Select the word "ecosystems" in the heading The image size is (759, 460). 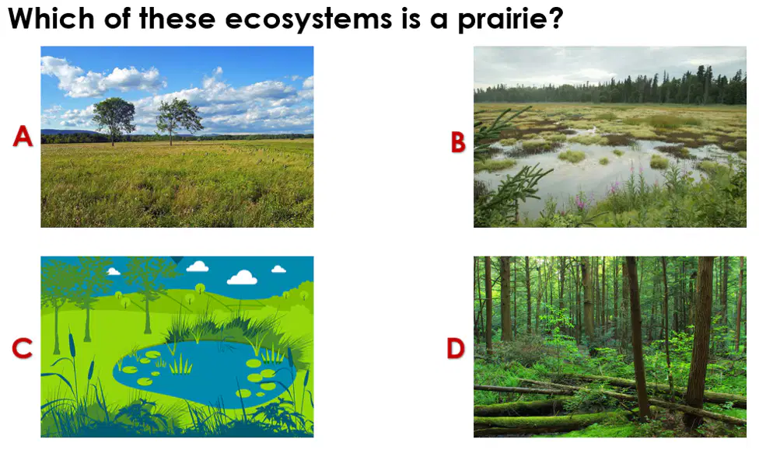[308, 20]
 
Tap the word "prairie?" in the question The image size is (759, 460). [511, 20]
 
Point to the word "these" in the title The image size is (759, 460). [177, 19]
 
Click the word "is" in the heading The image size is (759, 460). [411, 19]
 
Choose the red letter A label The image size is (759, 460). [23, 136]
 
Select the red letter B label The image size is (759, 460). [458, 142]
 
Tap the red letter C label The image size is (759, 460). [23, 348]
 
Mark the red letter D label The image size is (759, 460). [456, 348]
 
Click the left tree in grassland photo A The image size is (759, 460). [114, 120]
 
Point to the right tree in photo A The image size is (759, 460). [179, 120]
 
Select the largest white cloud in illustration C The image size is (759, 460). [242, 277]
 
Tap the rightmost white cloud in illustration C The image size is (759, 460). [278, 269]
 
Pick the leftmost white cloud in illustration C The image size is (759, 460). [114, 271]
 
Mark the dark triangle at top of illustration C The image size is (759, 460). [177, 260]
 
